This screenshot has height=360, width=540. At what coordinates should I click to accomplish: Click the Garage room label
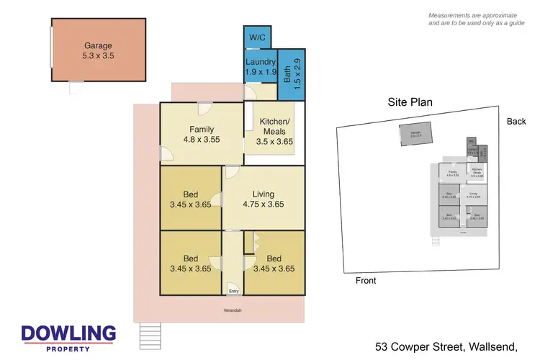(x=96, y=45)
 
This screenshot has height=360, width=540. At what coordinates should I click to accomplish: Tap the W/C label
(x=257, y=37)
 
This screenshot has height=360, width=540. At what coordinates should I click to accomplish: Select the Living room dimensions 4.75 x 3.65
(x=263, y=204)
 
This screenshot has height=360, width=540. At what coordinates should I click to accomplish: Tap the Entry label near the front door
(x=233, y=292)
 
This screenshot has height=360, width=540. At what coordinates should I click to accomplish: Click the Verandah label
(x=232, y=310)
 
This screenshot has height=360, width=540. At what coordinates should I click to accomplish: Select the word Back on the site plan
(x=516, y=121)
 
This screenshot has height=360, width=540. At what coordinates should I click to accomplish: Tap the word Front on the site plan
(x=366, y=281)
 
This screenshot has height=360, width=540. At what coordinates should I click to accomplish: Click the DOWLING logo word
(x=68, y=333)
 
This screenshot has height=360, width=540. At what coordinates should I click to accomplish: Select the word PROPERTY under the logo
(x=68, y=348)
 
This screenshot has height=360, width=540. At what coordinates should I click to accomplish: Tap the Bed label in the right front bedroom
(x=274, y=258)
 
